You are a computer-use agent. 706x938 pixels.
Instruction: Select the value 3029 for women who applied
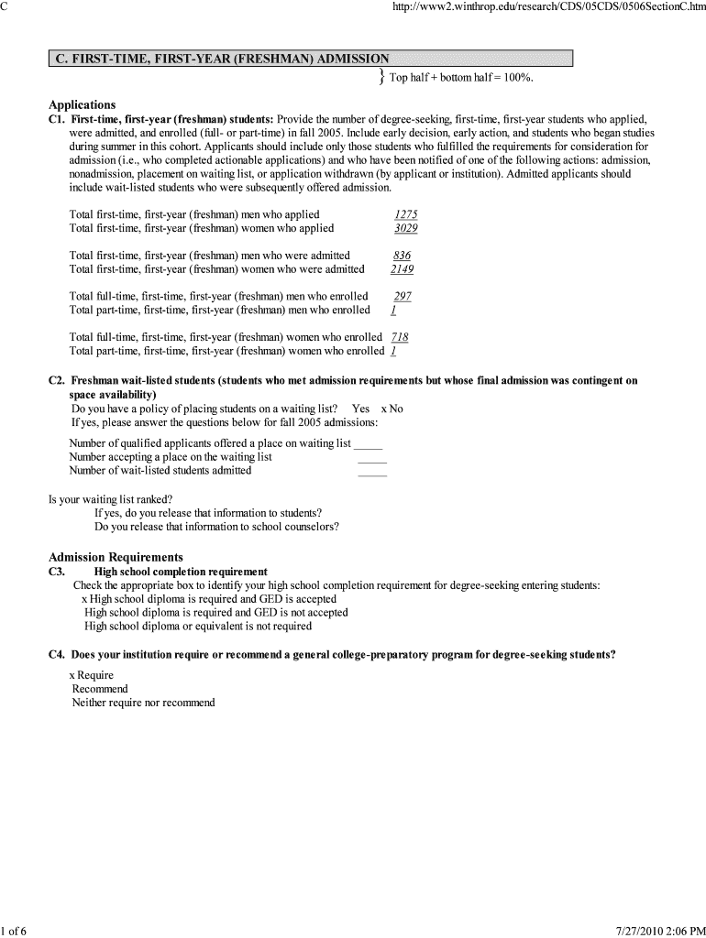pos(405,228)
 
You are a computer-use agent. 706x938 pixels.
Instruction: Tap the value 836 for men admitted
pos(402,256)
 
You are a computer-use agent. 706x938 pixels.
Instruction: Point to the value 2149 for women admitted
pos(402,269)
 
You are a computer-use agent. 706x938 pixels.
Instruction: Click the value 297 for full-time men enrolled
pos(403,297)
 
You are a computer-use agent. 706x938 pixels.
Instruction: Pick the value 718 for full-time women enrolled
pos(400,337)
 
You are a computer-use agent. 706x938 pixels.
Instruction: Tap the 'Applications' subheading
pos(82,104)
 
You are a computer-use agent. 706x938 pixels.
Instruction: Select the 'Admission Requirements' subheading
pos(116,557)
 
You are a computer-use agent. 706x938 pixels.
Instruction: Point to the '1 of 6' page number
pos(15,931)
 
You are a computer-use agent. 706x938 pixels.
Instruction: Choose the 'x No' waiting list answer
pos(392,409)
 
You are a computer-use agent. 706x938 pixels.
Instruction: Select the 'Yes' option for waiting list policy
pos(360,409)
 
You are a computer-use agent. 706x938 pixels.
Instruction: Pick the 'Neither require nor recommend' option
pos(143,703)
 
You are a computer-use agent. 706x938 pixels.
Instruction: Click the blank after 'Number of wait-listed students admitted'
pos(372,473)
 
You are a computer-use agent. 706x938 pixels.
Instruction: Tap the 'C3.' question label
pos(57,572)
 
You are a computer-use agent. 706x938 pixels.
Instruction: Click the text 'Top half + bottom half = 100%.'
pos(461,78)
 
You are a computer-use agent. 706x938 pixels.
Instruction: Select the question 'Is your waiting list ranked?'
pos(110,499)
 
